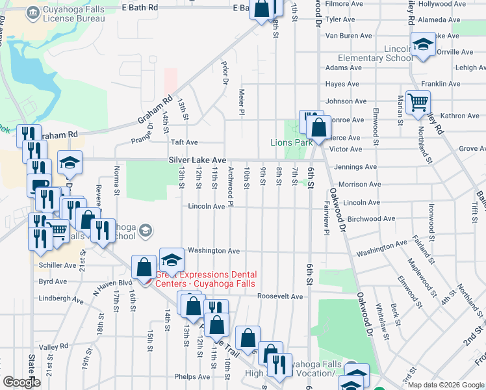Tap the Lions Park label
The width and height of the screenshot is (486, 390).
coord(287,142)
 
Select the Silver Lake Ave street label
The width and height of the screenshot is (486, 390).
coord(197,160)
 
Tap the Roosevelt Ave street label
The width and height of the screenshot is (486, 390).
coord(280,296)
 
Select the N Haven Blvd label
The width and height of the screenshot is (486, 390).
coord(112,284)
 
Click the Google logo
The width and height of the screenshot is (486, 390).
coord(21,382)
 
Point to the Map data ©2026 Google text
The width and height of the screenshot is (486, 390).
coord(446,385)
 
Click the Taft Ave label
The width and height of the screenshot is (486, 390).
coord(184,142)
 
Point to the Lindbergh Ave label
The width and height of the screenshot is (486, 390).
coord(62,300)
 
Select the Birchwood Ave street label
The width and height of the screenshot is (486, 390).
coord(371,219)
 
